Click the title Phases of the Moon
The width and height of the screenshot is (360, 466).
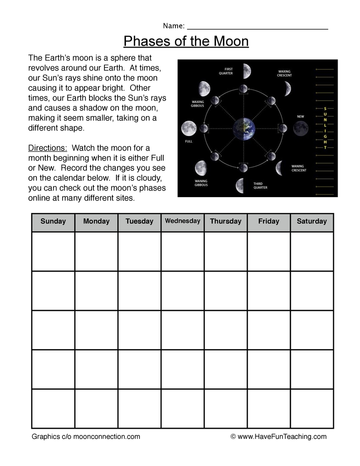coord(186,41)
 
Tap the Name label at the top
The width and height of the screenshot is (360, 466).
coord(173,26)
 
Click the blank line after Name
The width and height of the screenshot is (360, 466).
coord(257,27)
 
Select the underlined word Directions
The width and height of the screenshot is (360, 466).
coord(48,148)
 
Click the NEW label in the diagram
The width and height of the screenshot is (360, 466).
coord(300,116)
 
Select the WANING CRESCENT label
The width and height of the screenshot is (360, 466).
coord(298,168)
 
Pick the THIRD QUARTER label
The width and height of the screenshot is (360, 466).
coord(261,185)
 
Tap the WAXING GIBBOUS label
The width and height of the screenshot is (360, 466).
coord(198,103)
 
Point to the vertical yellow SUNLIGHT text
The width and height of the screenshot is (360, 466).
coord(325,128)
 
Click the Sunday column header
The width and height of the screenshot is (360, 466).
coord(53,221)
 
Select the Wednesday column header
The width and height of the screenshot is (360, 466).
coord(182,221)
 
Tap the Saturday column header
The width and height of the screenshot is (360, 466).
coord(312,221)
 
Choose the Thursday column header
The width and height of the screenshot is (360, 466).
coord(226,221)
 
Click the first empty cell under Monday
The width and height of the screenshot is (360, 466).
coord(96,251)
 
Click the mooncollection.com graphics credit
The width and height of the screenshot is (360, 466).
coord(86,437)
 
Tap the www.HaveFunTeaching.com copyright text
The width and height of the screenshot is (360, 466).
coord(278,437)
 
